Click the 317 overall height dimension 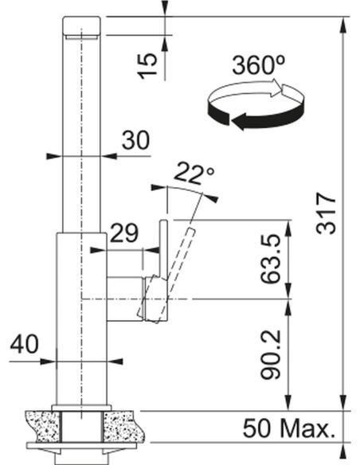[x=327, y=213]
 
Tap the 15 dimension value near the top [x=147, y=66]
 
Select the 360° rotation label [x=258, y=65]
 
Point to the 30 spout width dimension [x=135, y=140]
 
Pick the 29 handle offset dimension [x=124, y=233]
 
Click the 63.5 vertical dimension [x=271, y=258]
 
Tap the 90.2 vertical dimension [x=271, y=354]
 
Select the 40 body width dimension [x=25, y=344]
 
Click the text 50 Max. [x=289, y=428]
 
